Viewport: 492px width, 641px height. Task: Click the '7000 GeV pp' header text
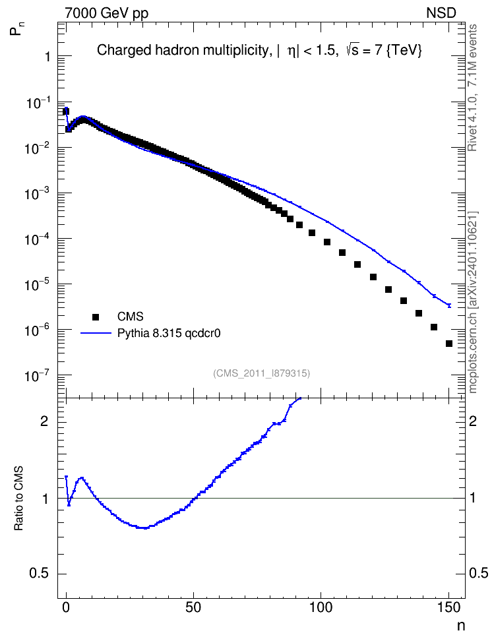[106, 13]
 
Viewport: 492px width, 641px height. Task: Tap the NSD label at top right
[441, 13]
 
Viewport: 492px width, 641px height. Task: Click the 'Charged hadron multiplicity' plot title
[182, 50]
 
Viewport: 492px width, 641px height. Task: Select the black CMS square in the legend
[96, 317]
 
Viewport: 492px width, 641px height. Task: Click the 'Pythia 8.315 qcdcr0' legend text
[169, 334]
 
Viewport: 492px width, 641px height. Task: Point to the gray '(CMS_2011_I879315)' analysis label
[261, 373]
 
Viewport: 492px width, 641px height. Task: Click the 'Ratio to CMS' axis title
[19, 499]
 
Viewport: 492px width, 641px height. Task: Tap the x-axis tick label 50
[193, 607]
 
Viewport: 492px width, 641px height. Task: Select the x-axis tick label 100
[321, 607]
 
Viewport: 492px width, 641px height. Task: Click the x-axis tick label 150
[448, 607]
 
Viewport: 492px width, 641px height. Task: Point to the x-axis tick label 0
[66, 607]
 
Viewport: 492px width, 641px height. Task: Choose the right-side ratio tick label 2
[473, 421]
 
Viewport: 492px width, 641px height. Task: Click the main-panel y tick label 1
[48, 57]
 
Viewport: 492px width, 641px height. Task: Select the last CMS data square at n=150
[449, 344]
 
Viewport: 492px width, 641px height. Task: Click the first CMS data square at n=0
[66, 111]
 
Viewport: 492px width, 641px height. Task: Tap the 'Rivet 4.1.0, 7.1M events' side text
[472, 88]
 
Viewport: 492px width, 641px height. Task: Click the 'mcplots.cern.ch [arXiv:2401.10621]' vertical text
[473, 303]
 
